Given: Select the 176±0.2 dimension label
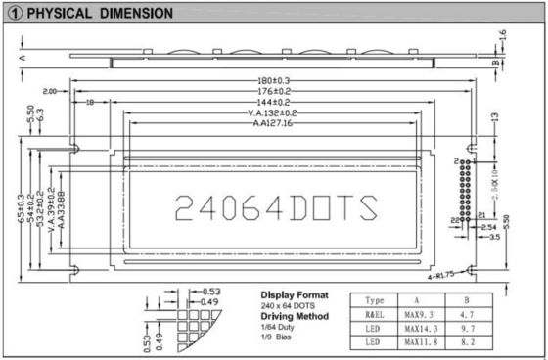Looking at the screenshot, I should coord(273,91).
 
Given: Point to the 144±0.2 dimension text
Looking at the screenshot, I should coord(273,102).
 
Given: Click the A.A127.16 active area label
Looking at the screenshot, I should coord(273,124).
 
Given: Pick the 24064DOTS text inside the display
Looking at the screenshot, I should coord(274,207).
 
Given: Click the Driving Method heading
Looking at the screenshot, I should coord(296,316).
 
